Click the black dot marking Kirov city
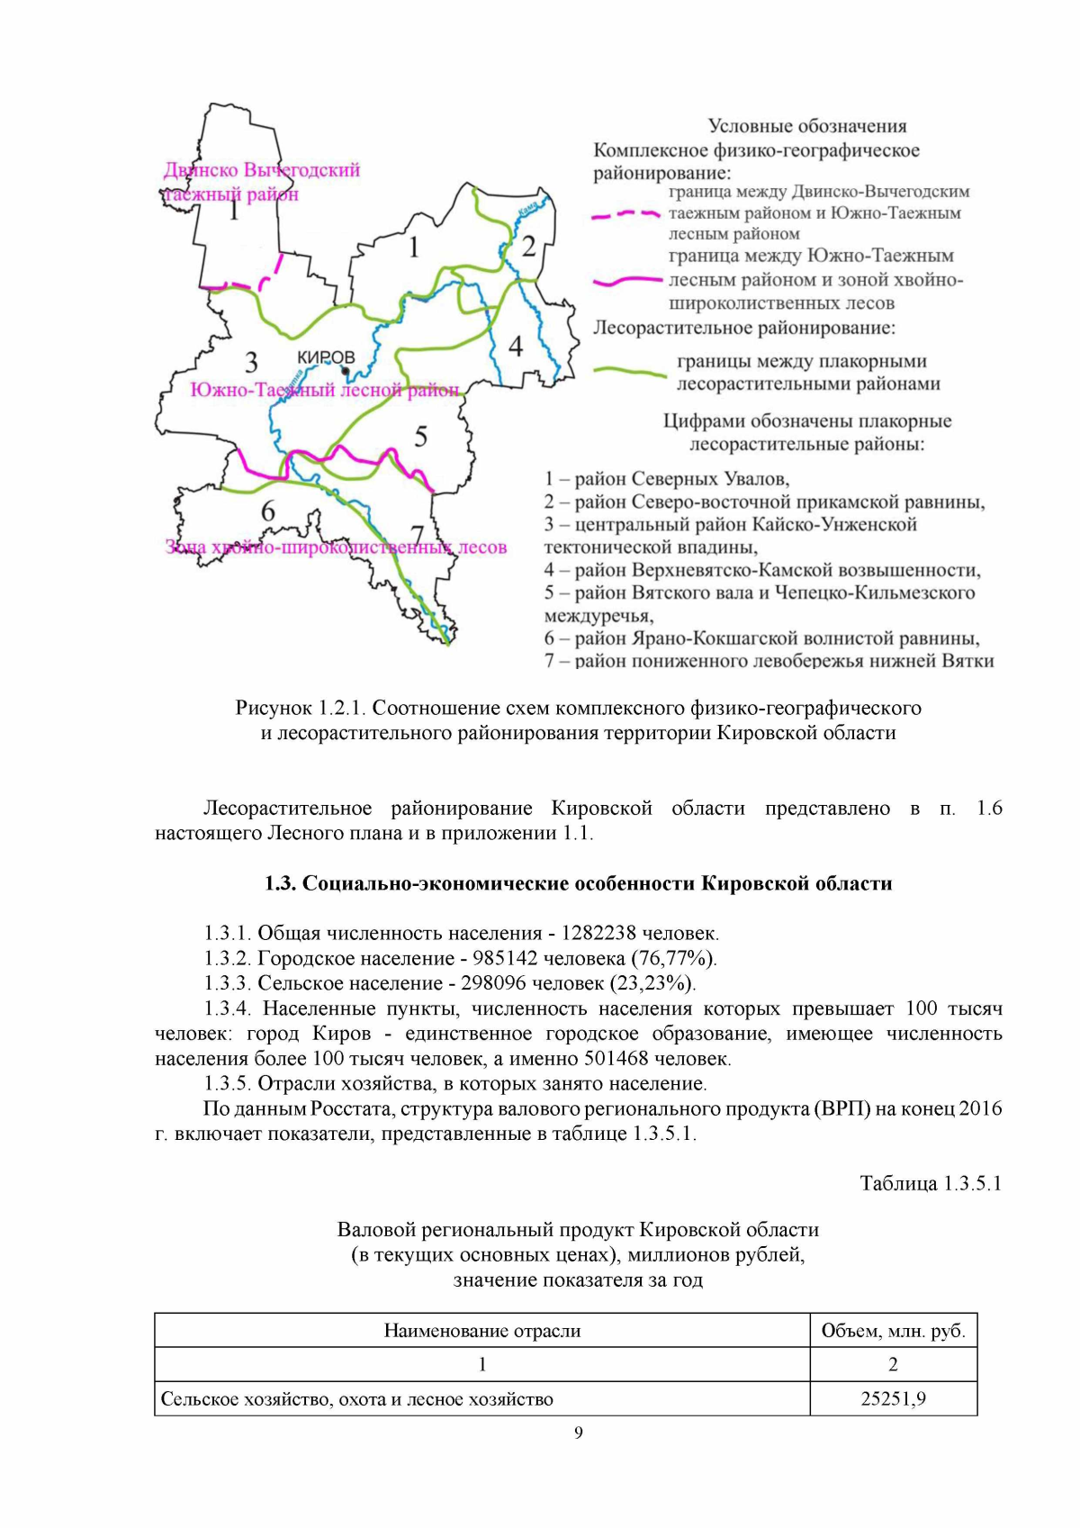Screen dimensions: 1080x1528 [346, 371]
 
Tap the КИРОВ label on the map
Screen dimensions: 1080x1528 [326, 357]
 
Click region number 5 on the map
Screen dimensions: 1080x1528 [420, 438]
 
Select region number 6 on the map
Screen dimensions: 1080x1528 [267, 511]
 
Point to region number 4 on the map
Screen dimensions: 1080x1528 [515, 346]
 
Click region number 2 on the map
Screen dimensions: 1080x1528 [528, 246]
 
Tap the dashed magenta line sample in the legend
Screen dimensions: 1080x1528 [625, 214]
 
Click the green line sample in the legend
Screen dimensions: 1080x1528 [630, 371]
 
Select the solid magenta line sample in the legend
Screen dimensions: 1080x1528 [627, 281]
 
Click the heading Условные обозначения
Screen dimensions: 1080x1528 [806, 126]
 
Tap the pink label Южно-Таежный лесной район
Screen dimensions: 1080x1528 [324, 390]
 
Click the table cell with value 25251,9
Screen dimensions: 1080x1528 [893, 1398]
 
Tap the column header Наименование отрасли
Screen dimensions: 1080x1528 [481, 1330]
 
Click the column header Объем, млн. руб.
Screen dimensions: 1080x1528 [893, 1330]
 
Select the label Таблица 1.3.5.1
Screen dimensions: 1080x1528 [931, 1183]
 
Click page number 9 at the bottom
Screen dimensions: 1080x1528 [578, 1433]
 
